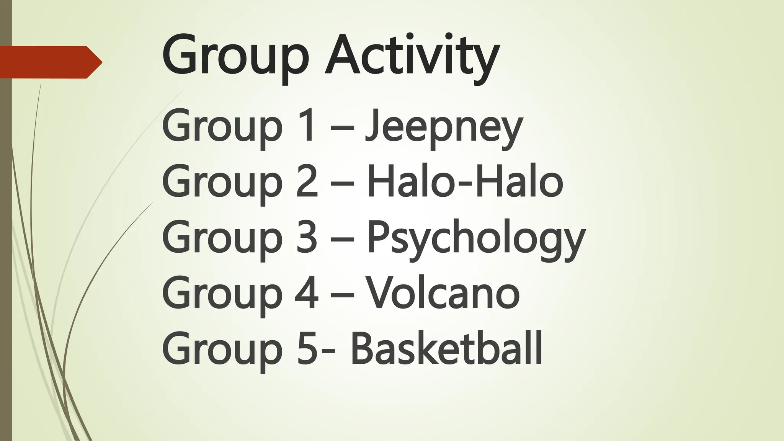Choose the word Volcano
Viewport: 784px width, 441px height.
click(x=443, y=293)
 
